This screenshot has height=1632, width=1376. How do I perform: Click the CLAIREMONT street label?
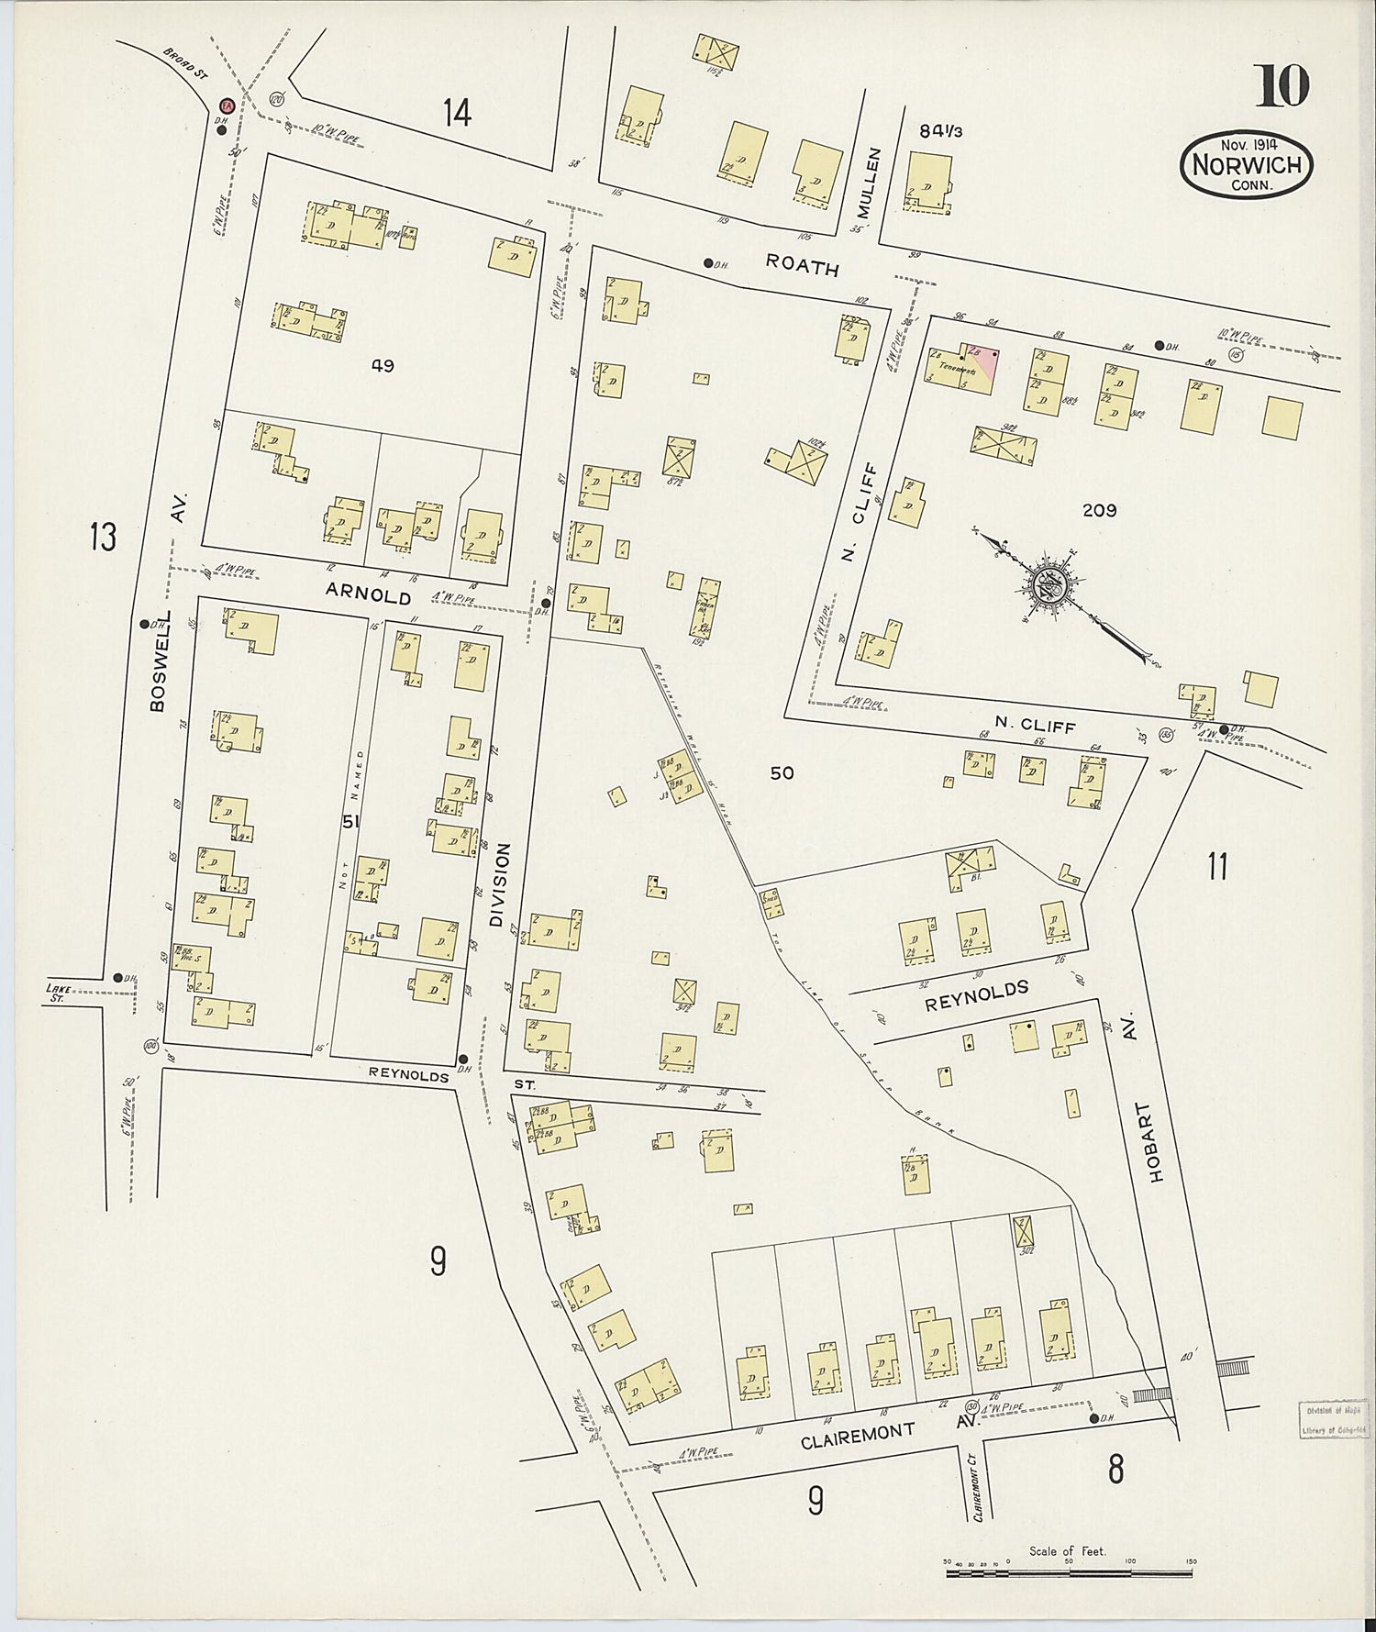(859, 1436)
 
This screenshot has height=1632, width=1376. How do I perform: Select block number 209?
(1099, 510)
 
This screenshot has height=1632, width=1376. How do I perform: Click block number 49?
(383, 366)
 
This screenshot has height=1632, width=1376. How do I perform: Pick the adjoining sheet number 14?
(457, 114)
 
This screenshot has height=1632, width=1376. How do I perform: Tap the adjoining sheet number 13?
(104, 536)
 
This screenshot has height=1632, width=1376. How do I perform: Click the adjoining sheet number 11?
(1217, 866)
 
